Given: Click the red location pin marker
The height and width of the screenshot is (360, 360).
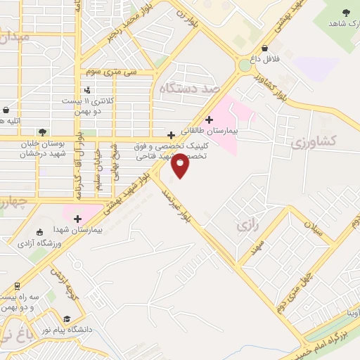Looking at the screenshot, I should [x=180, y=165].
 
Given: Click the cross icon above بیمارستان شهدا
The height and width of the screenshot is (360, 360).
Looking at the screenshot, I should [x=77, y=219].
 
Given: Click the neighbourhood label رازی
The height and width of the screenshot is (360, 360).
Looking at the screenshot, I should [x=244, y=226].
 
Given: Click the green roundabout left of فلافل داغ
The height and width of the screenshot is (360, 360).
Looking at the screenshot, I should [x=244, y=65].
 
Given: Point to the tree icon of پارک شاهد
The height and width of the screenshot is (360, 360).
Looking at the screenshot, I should [x=346, y=12].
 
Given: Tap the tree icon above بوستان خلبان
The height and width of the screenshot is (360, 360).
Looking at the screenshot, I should [x=44, y=131].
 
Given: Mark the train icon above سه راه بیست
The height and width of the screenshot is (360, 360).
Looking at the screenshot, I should [x=15, y=287].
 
